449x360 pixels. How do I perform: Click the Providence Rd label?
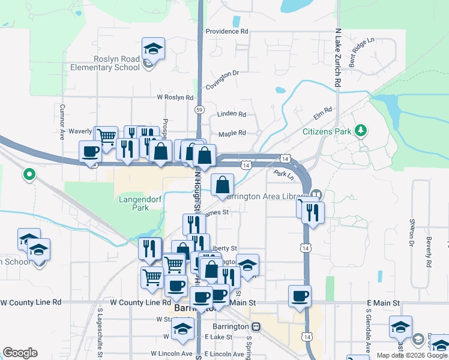tap(226, 31)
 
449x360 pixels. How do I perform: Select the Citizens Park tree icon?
tap(360, 130)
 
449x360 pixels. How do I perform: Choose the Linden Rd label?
tap(232, 114)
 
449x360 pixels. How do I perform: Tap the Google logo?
tap(20, 353)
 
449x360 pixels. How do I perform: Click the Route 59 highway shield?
tap(199, 109)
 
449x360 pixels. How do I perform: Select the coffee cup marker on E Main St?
tap(300, 295)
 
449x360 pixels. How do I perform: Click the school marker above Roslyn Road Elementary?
tap(153, 48)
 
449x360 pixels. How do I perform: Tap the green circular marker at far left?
tap(28, 175)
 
